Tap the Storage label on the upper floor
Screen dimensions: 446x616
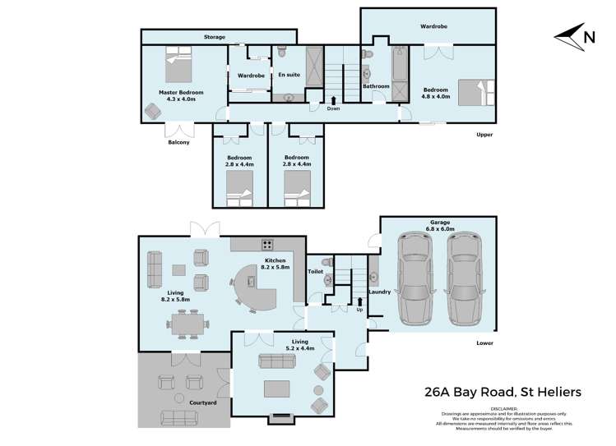click(215, 37)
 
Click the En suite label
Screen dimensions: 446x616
click(288, 75)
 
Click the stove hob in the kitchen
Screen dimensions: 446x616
click(267, 243)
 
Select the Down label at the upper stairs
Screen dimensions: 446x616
click(333, 108)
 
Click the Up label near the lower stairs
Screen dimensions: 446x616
click(359, 309)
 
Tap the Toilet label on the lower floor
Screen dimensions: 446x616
click(315, 270)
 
